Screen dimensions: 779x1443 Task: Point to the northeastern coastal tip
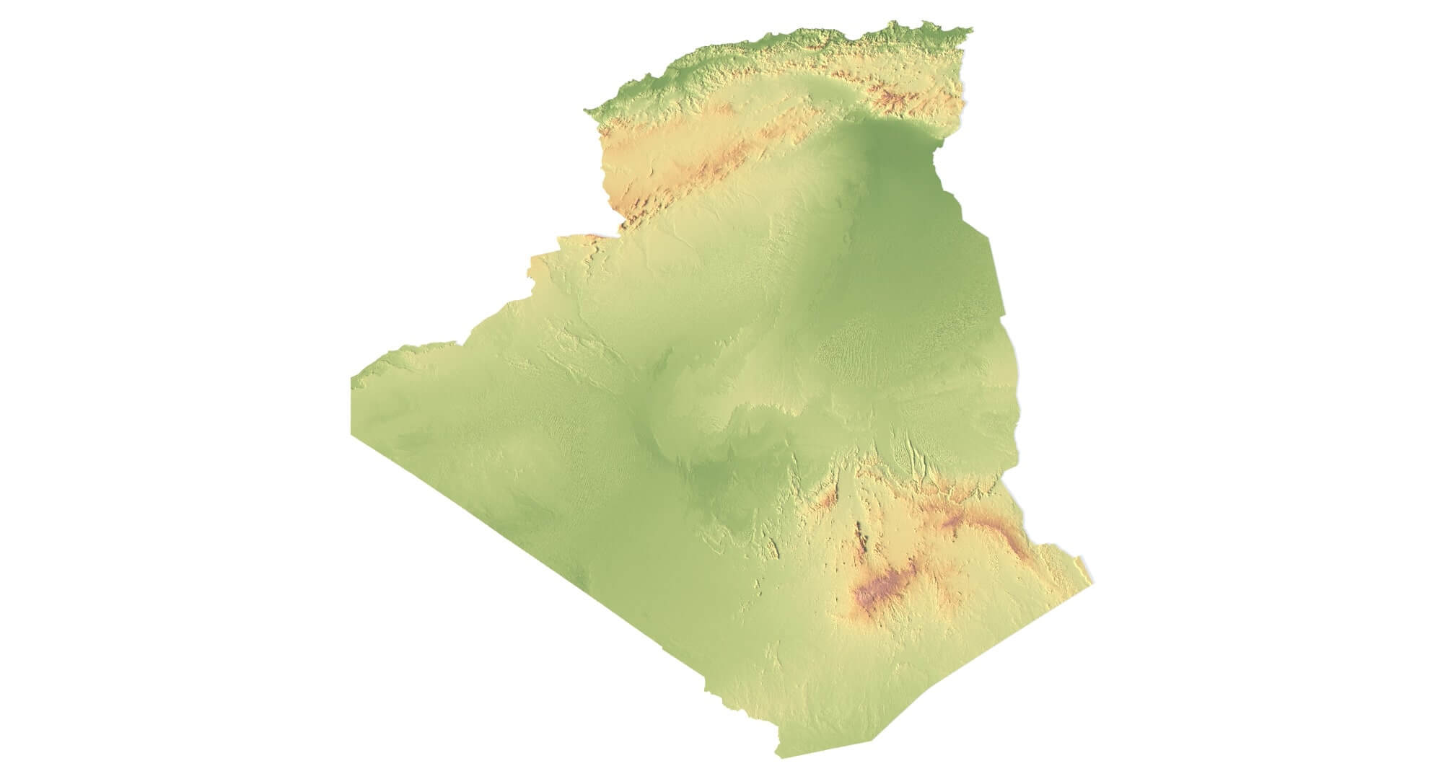point(970,30)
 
